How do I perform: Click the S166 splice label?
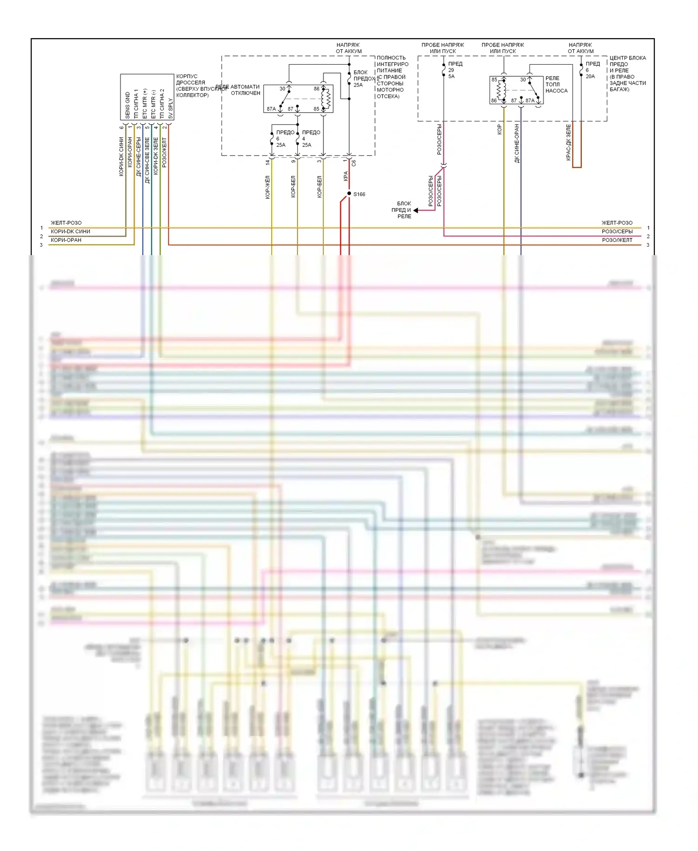point(359,195)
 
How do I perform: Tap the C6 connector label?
point(354,163)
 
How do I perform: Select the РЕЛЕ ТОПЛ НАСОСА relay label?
point(556,85)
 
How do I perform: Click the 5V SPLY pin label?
point(171,108)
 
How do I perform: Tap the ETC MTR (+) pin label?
point(145,103)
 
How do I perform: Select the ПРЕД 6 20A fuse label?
point(592,70)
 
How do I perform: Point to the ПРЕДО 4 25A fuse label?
point(310,138)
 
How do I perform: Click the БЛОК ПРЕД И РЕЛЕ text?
point(403,210)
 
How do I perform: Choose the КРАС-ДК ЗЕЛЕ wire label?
point(569,142)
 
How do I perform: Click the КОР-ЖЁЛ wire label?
point(268,187)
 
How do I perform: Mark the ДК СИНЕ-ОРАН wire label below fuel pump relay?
point(517,143)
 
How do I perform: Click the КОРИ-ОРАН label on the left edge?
point(66,240)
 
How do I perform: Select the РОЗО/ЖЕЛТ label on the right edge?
point(617,240)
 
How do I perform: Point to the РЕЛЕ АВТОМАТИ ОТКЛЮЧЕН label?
point(244,90)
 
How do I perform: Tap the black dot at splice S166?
point(349,194)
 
